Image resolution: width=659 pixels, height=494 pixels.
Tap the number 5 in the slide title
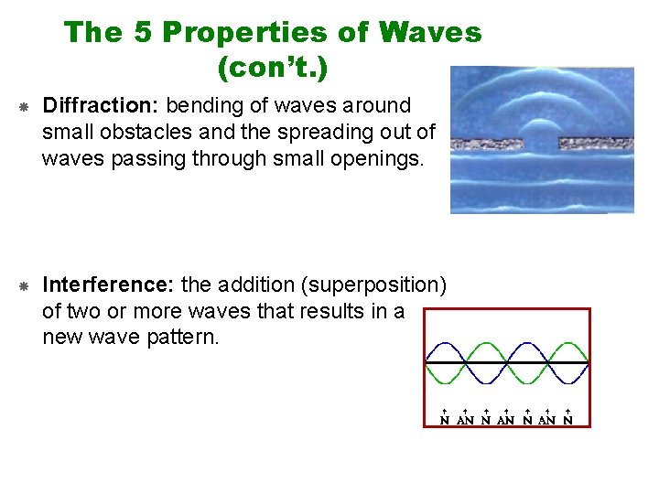tap(143, 33)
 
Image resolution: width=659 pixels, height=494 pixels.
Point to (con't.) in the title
tap(272, 67)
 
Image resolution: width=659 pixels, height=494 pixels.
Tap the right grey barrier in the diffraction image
tap(595, 144)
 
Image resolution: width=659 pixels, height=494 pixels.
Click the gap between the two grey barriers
tap(540, 144)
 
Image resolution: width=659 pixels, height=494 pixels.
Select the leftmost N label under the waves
tap(444, 421)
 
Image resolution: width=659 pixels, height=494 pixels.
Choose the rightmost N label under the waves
tap(568, 421)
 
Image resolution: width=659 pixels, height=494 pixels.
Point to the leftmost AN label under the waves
tap(465, 421)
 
